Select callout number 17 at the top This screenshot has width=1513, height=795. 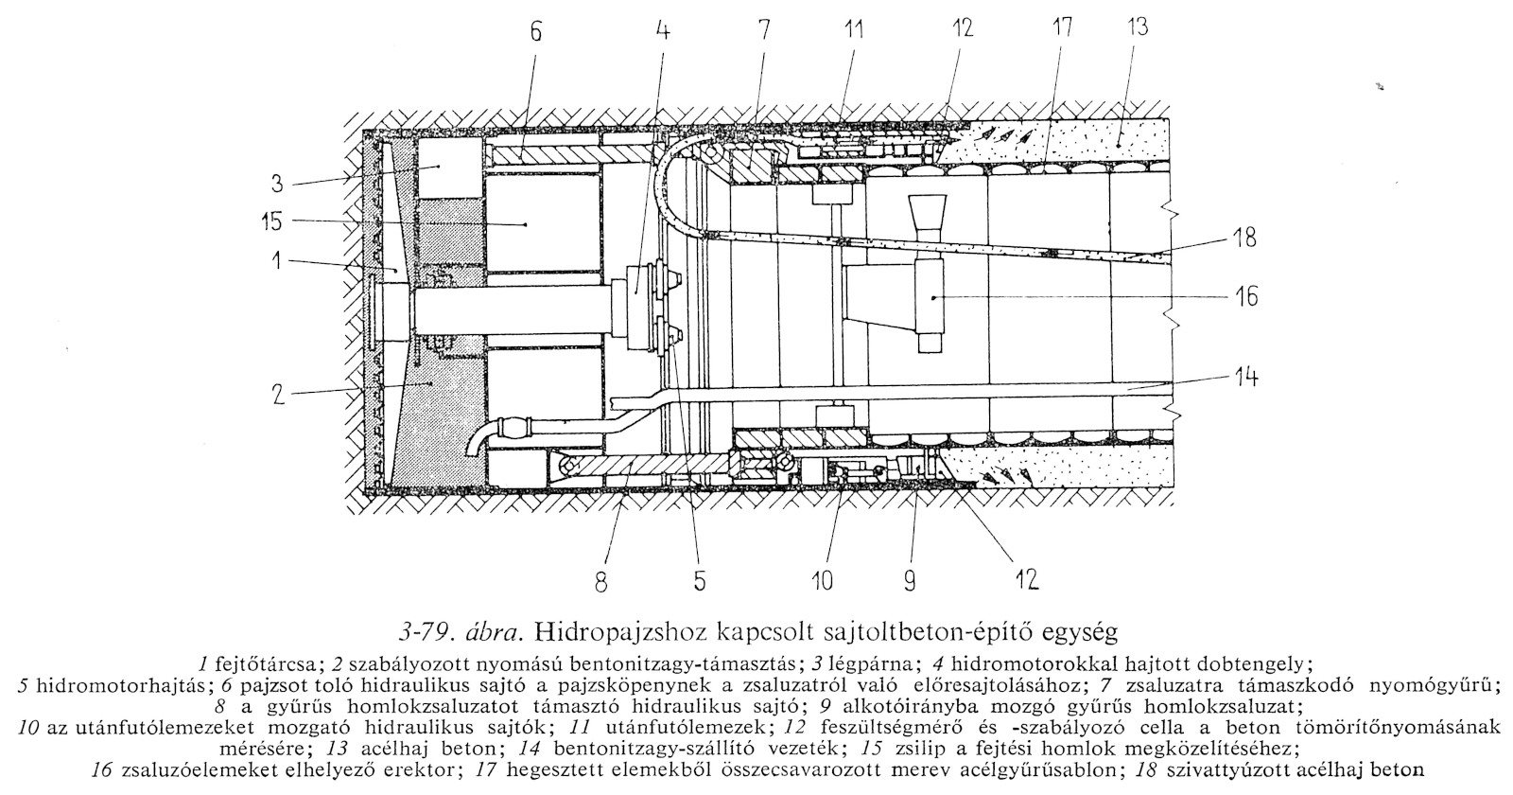1062,26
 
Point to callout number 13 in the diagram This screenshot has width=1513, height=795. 1138,26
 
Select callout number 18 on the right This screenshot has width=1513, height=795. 1245,238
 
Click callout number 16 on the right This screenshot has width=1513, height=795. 1245,297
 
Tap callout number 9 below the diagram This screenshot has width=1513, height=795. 909,580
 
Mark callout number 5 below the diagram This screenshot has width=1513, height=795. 699,580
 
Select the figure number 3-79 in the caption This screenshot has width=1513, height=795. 423,630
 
